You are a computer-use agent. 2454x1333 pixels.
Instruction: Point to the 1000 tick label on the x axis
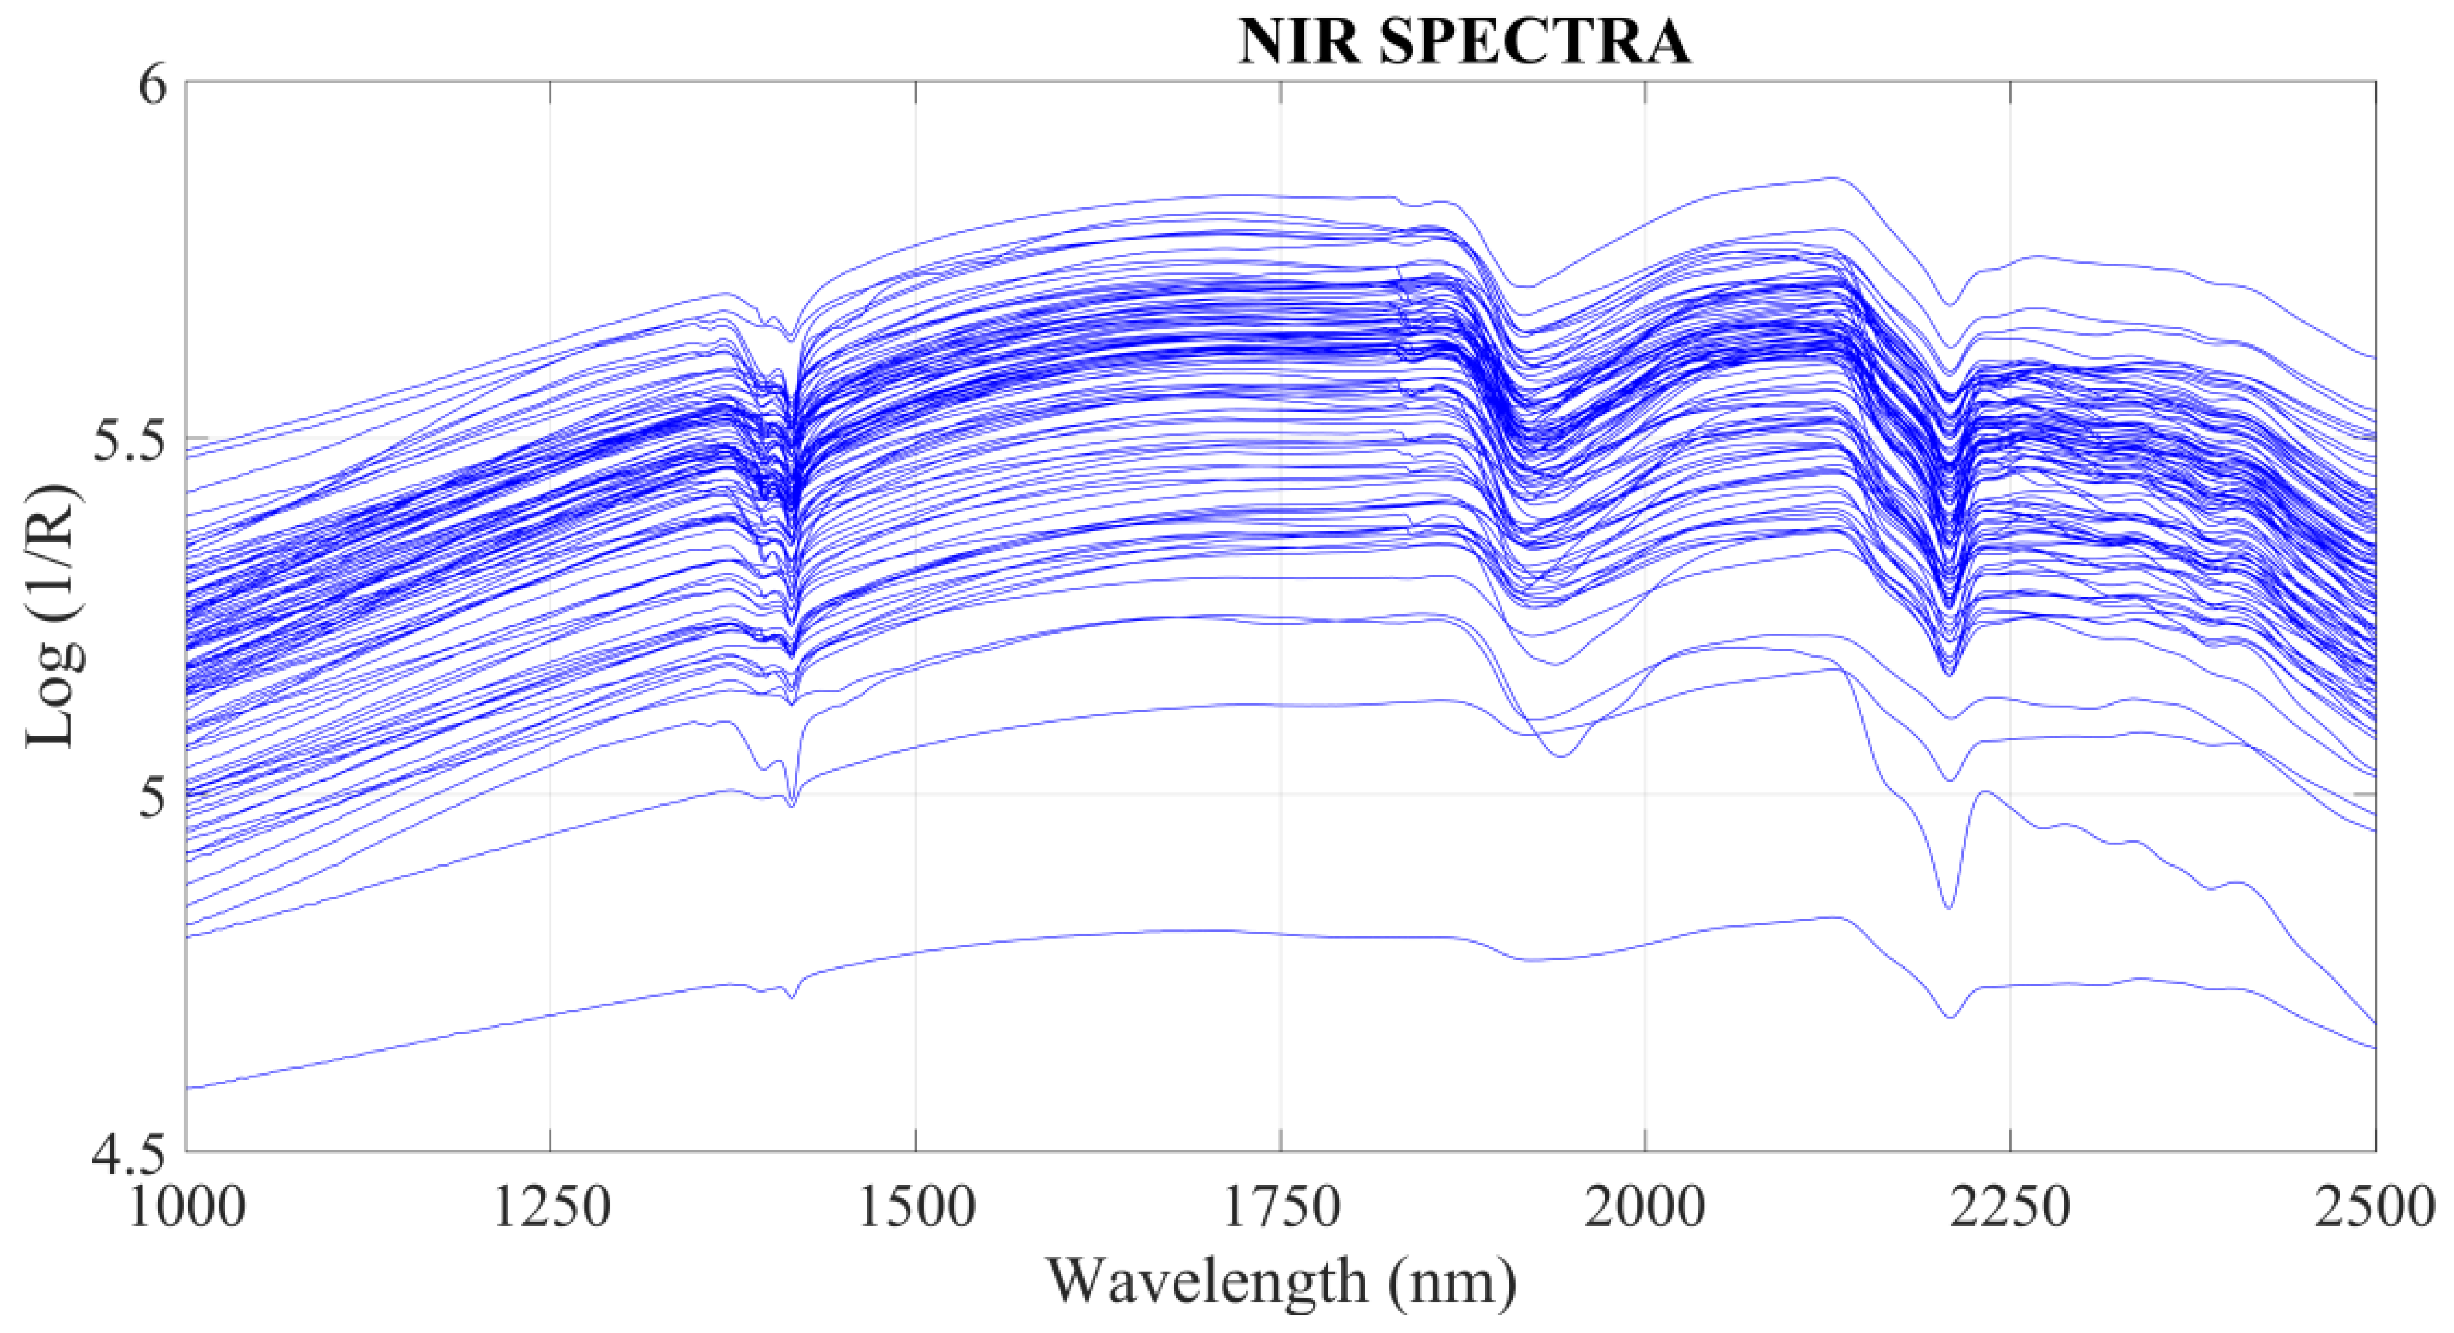[x=187, y=1208]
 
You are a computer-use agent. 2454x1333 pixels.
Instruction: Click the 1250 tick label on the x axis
[x=551, y=1208]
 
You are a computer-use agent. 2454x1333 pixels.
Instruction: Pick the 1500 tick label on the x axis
[x=916, y=1208]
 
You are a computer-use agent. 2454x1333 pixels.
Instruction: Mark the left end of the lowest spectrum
[x=188, y=1087]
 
